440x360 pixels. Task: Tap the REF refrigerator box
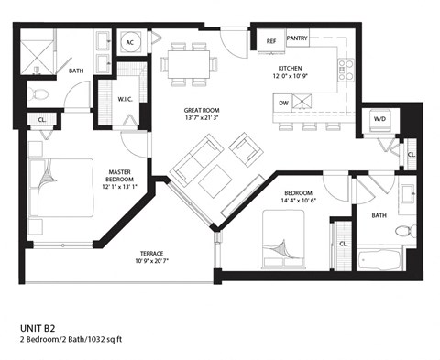click(x=271, y=41)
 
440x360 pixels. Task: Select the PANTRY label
click(x=296, y=38)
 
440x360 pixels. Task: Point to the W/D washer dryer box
click(x=379, y=118)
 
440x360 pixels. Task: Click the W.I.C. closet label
click(x=127, y=99)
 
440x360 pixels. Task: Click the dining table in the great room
click(x=191, y=62)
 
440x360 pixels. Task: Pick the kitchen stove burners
click(x=346, y=70)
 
